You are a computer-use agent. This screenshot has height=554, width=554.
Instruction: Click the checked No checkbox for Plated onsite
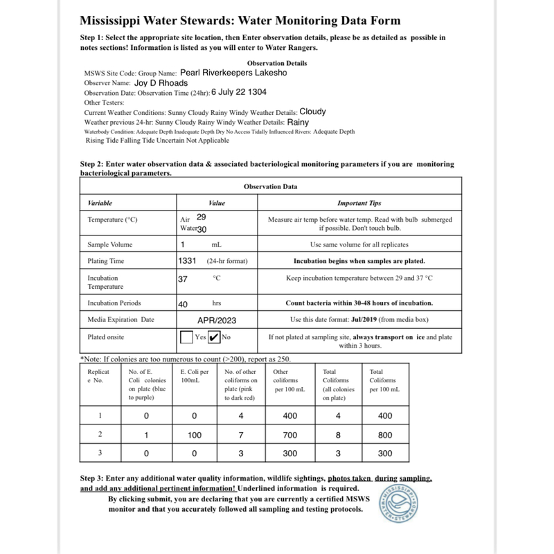click(214, 338)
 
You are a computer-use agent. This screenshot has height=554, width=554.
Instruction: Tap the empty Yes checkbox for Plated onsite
click(186, 338)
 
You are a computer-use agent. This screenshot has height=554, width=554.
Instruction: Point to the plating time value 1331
click(188, 261)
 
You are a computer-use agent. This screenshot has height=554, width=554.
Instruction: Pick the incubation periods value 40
click(184, 303)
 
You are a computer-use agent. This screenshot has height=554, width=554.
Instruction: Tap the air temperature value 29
click(202, 217)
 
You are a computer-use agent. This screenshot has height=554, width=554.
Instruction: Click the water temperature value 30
click(202, 229)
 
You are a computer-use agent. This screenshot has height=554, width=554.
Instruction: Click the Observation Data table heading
click(271, 187)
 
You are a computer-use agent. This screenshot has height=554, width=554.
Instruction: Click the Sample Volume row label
click(110, 244)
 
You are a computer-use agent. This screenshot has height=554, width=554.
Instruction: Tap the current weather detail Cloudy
click(312, 111)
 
